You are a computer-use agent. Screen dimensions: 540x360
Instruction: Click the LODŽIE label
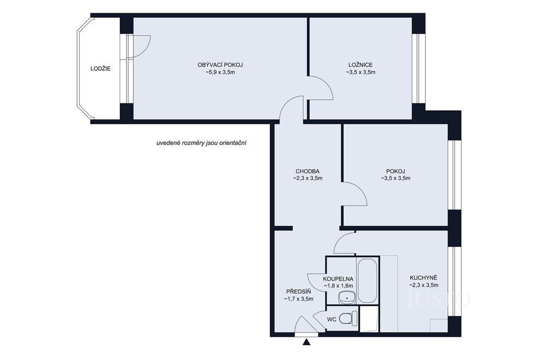tap(101, 69)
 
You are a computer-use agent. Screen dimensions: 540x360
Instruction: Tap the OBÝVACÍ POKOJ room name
tap(220, 65)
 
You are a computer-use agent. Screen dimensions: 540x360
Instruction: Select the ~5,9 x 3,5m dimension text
tap(220, 72)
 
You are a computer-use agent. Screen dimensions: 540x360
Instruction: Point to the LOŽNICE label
tap(361, 65)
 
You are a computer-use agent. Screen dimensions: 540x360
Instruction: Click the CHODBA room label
tap(307, 171)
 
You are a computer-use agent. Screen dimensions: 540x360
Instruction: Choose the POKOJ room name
tap(396, 171)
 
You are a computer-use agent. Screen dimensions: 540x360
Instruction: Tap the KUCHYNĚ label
tap(423, 277)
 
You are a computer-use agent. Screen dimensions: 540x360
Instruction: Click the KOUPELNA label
tap(338, 279)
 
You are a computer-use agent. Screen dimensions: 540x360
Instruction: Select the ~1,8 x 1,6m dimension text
tap(338, 286)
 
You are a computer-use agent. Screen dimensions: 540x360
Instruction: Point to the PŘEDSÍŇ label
tap(298, 291)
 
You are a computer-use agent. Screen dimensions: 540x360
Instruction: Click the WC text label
tap(332, 319)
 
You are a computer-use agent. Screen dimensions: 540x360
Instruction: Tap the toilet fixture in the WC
tap(349, 318)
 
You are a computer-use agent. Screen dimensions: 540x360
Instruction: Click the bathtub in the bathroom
tap(368, 280)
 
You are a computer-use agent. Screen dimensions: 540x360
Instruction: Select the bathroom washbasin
tap(347, 298)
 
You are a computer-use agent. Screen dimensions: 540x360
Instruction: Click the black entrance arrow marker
tap(306, 342)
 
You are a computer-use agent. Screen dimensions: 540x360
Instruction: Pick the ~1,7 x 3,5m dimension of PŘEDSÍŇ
tap(298, 299)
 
